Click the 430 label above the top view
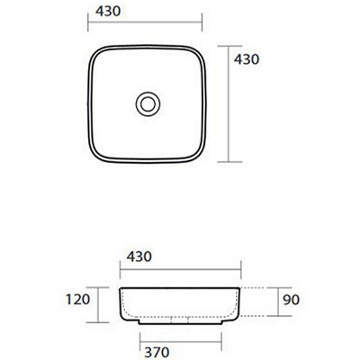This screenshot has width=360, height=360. click(x=108, y=12)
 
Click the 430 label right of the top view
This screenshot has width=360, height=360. click(x=247, y=59)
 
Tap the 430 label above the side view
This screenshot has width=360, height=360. click(x=139, y=256)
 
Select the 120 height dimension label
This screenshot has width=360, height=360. click(x=78, y=300)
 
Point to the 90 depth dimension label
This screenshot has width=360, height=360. click(x=291, y=300)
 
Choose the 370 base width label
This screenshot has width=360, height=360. click(x=157, y=352)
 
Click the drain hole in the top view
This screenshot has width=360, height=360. click(x=148, y=103)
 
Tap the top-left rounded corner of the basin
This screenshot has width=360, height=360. click(x=95, y=53)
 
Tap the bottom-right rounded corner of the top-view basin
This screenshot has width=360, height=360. click(x=199, y=156)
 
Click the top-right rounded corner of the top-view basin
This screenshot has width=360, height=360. click(x=199, y=53)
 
